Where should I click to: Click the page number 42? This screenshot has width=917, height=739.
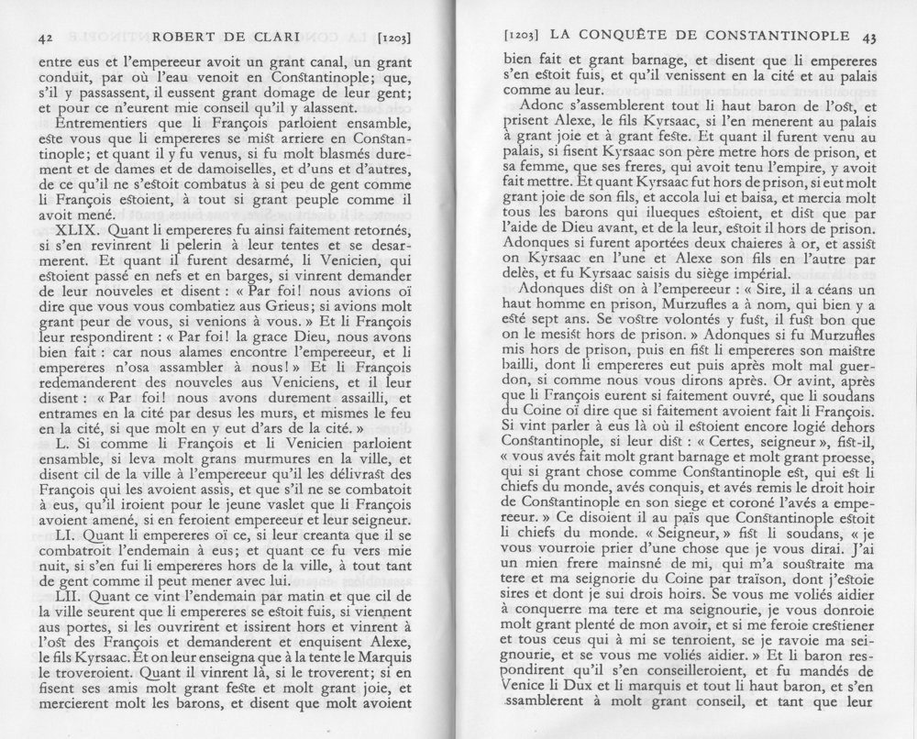pyautogui.click(x=41, y=39)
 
